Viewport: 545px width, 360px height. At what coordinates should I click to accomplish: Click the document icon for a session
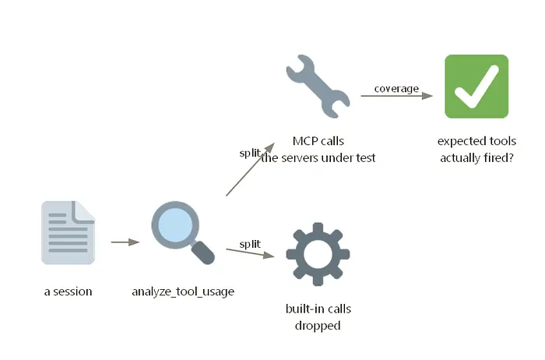coord(69,232)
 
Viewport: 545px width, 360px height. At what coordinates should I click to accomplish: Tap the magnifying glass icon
coord(183,232)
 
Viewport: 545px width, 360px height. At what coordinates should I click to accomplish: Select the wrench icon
coord(318,86)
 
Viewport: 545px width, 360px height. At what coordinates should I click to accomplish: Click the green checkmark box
coord(476,86)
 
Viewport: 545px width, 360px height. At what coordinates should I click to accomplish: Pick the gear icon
coord(318,254)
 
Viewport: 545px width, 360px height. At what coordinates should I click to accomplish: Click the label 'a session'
coord(69,291)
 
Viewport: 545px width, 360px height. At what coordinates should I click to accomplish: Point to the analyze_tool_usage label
coord(183,291)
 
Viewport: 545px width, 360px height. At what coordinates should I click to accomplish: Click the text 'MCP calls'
coord(318,141)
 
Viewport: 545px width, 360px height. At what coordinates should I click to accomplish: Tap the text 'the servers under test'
coord(318,158)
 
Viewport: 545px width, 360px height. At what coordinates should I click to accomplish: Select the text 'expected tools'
coord(476,141)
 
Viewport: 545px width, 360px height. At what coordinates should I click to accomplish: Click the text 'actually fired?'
coord(476,158)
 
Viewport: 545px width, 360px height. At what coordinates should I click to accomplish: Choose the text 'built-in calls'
coord(318,309)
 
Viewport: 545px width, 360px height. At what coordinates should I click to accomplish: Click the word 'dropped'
coord(318,326)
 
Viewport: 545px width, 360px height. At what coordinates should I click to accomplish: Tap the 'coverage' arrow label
coord(396,89)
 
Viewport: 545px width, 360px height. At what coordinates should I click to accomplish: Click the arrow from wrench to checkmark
coord(396,96)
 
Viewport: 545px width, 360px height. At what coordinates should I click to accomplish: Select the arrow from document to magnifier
coord(125,242)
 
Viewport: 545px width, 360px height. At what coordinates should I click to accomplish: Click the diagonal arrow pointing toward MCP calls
coord(250,169)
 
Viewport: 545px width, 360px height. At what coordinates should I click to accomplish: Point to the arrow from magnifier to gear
coord(250,253)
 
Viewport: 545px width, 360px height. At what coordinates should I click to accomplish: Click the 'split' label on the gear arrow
coord(250,244)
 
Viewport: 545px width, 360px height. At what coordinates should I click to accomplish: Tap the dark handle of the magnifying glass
coord(203,253)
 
